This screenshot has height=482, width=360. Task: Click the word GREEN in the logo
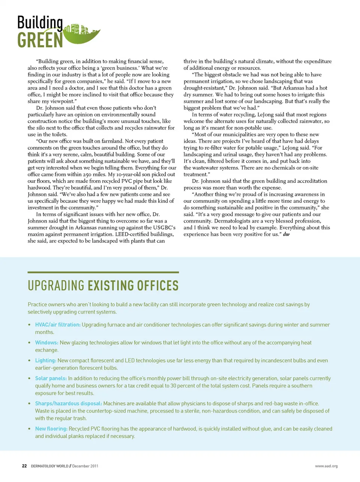[x=40, y=40]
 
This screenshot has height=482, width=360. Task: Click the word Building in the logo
[x=40, y=23]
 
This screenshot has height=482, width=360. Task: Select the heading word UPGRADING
[x=56, y=286]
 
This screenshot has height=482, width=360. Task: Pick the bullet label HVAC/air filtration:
[x=58, y=325]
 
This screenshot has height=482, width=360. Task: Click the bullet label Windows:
[x=46, y=343]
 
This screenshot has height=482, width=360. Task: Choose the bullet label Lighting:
[x=45, y=360]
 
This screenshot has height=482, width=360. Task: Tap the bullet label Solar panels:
[x=51, y=378]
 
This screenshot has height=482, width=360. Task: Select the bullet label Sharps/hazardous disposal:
[x=69, y=404]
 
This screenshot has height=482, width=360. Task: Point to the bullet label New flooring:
[x=51, y=429]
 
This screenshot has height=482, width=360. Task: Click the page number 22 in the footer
[x=24, y=466]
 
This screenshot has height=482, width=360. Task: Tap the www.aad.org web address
[x=326, y=466]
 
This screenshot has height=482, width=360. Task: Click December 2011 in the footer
[x=85, y=466]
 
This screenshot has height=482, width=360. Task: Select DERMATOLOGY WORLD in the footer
[x=49, y=466]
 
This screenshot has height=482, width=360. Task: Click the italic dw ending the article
[x=286, y=234]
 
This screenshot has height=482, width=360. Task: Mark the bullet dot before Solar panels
[x=29, y=378]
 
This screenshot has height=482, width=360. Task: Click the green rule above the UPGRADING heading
[x=103, y=272]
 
